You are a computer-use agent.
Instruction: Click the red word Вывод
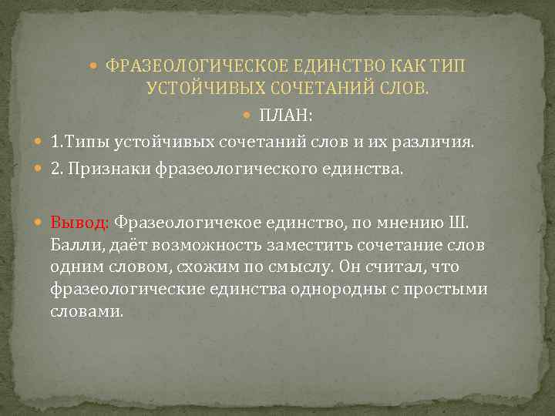80,223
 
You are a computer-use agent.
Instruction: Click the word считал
413,267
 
